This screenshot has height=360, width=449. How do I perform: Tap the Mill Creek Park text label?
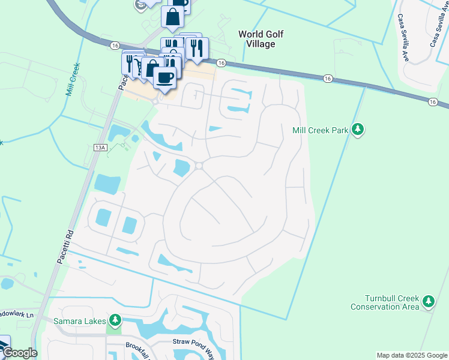click(320, 130)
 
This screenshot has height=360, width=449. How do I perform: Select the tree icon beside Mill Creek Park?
click(358, 130)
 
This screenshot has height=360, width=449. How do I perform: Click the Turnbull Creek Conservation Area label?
click(385, 302)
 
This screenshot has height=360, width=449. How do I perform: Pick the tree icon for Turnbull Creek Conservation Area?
click(428, 301)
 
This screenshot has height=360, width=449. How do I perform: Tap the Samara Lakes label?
click(79, 320)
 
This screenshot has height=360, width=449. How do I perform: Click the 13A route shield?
click(100, 146)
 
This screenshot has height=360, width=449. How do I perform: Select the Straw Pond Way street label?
click(193, 342)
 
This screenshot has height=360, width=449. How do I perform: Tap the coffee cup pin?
click(165, 76)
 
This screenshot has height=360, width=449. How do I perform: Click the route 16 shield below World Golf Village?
click(221, 63)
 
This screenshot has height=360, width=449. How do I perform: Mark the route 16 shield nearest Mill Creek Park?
click(327, 78)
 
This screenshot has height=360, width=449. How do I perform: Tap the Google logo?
click(19, 353)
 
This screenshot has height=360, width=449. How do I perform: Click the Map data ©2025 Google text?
click(411, 355)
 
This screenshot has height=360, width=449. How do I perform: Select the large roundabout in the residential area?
click(199, 166)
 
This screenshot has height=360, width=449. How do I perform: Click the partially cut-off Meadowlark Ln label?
click(17, 314)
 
